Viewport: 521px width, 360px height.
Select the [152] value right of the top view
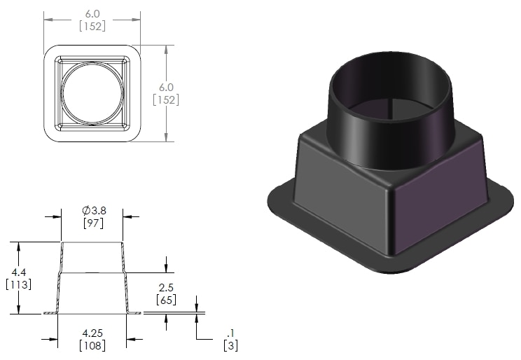[x=166, y=99]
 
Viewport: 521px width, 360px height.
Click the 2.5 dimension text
[x=166, y=288]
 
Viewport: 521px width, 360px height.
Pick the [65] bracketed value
[x=166, y=300]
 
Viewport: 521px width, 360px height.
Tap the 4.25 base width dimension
[x=93, y=333]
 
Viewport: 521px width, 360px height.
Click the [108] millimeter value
[x=93, y=345]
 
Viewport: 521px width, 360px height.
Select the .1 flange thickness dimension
[x=229, y=333]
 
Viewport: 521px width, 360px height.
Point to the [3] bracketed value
[x=229, y=345]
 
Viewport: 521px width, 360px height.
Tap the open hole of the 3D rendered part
[x=390, y=91]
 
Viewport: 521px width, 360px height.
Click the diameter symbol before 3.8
[x=84, y=210]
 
